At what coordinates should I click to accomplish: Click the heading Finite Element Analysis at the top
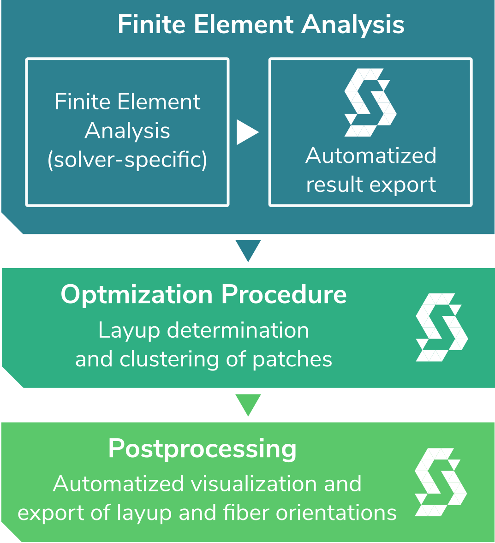click(261, 25)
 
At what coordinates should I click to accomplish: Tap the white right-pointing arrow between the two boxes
click(247, 132)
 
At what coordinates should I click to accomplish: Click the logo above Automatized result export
click(370, 102)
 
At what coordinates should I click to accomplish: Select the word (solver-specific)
click(127, 160)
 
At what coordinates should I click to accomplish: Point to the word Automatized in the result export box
click(370, 155)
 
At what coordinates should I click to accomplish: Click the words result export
click(371, 185)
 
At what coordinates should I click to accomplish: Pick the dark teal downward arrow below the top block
click(248, 251)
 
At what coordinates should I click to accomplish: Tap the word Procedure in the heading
click(284, 295)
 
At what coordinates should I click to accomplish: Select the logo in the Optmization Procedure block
click(441, 327)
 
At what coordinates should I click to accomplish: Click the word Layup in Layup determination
click(129, 331)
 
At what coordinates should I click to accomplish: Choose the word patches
click(292, 360)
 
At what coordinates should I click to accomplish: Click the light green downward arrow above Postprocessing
click(248, 405)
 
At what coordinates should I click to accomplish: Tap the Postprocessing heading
click(203, 449)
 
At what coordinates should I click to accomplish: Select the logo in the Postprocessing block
click(441, 482)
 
